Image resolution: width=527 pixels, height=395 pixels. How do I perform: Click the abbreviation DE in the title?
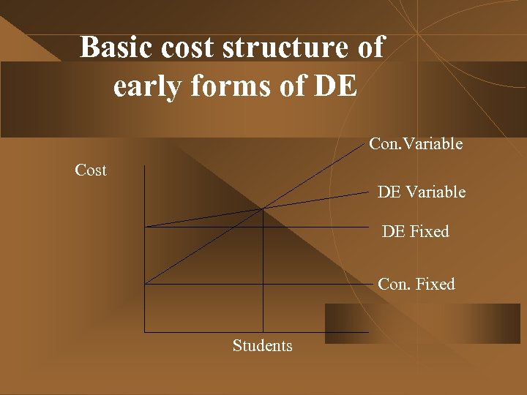click(334, 86)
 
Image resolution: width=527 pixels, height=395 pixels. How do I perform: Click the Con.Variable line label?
click(416, 144)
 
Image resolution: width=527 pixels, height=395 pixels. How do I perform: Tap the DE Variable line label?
click(421, 192)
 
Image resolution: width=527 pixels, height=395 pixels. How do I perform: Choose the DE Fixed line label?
click(416, 232)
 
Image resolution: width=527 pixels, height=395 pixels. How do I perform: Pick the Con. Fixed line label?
click(416, 284)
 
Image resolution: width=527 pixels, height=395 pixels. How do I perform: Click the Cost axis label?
click(91, 170)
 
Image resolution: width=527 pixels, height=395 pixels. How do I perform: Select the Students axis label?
click(262, 345)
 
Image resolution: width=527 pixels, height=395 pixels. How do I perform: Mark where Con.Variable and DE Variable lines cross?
click(263, 209)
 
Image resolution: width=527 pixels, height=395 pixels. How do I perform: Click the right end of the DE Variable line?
click(368, 192)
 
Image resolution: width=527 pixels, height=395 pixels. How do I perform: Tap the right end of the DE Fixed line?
click(368, 227)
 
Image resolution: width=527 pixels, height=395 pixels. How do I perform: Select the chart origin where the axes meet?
click(145, 332)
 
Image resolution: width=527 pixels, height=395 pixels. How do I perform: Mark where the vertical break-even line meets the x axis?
click(263, 332)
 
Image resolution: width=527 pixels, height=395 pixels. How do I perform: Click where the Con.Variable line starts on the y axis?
click(145, 284)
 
